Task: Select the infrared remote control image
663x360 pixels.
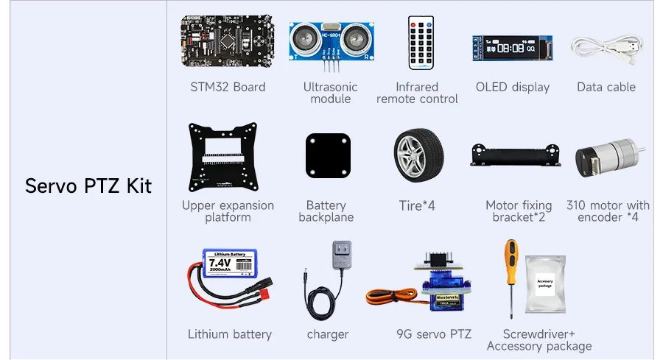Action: coord(421,43)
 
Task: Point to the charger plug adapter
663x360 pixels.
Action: coord(341,258)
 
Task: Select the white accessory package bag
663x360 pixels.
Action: coord(544,283)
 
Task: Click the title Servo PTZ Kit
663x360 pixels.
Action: coord(88,186)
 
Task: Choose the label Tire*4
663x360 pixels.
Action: coord(417,205)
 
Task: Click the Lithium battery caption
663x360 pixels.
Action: coord(230,334)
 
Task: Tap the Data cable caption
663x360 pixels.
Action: coord(606,87)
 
